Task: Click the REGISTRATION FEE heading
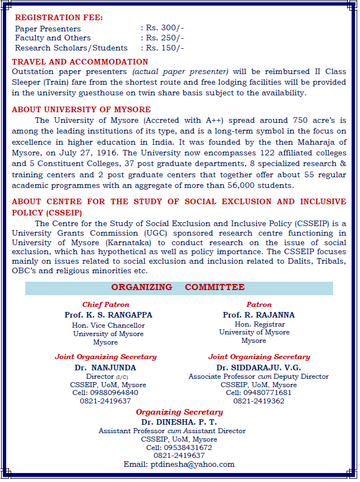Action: coord(59,17)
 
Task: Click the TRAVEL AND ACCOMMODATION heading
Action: coord(80,62)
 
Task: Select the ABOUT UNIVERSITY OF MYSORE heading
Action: coord(81,109)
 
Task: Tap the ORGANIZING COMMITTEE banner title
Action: coord(178,287)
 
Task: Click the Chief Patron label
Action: coord(105,305)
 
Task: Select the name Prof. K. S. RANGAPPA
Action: coord(108,315)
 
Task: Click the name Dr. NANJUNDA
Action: coord(105,368)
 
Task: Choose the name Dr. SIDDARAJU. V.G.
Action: coord(259,368)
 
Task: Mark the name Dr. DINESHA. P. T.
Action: coord(179,422)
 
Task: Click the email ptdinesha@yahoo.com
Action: coord(192,464)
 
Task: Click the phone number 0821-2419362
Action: coord(259,401)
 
